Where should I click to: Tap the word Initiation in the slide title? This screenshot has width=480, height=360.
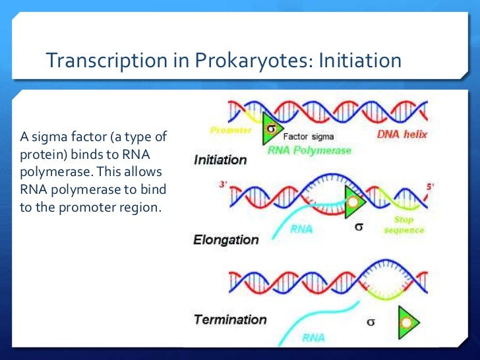[360, 61]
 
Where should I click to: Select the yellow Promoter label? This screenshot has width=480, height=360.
[231, 131]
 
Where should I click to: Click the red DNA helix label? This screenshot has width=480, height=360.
[402, 135]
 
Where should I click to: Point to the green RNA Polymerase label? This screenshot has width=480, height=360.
[309, 150]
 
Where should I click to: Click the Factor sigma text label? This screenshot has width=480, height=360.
[308, 136]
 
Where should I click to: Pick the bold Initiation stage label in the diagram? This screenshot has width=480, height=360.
[220, 160]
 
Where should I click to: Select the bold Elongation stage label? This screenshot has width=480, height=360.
[226, 240]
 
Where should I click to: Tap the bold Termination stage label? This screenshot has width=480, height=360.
[230, 320]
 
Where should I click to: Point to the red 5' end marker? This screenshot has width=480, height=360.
[430, 187]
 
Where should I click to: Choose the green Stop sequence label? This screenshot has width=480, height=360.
[404, 225]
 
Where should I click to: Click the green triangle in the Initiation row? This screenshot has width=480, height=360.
[270, 130]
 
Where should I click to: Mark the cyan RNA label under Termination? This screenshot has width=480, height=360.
[314, 339]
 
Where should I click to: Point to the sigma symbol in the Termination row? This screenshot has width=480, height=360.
[371, 323]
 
